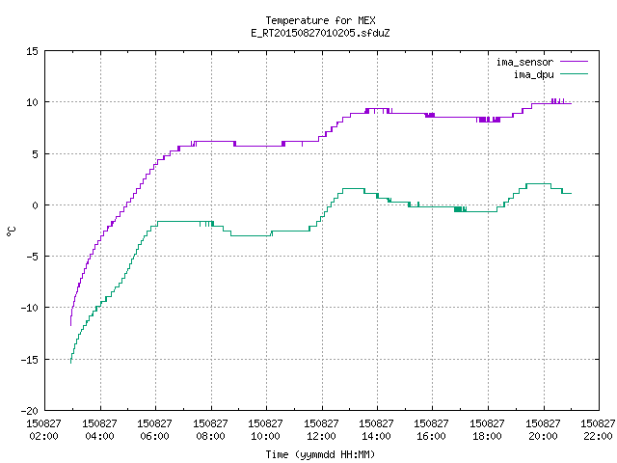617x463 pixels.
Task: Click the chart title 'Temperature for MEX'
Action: click(320, 20)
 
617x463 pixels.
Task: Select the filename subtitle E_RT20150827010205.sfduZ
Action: click(320, 33)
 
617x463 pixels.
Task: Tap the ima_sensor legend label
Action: click(524, 62)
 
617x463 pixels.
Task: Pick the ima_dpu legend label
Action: click(533, 74)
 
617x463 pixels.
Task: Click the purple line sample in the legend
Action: click(575, 62)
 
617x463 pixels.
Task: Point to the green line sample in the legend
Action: click(575, 74)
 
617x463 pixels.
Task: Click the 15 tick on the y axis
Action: click(32, 51)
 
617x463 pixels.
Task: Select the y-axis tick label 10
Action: click(32, 102)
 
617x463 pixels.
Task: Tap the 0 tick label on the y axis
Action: click(36, 205)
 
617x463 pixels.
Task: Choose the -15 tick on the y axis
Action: click(30, 360)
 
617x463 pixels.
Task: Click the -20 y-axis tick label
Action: click(30, 411)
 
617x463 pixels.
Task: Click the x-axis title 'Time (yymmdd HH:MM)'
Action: click(320, 454)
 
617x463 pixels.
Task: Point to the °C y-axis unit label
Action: click(12, 231)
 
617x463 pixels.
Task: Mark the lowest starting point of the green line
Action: click(70, 363)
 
